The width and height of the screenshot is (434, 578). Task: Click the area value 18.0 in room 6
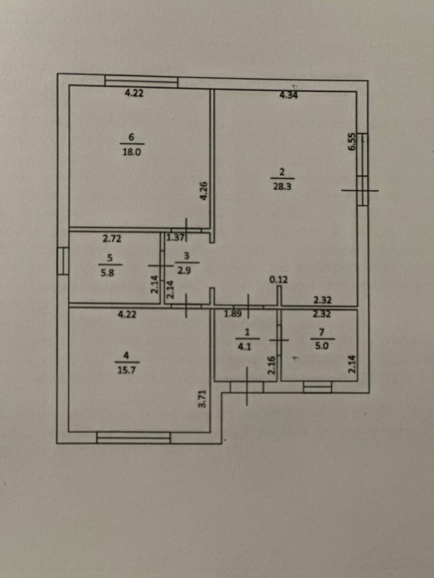point(132,152)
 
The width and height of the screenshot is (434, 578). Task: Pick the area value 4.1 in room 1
point(247,347)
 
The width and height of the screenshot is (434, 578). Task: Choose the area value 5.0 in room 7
point(322,347)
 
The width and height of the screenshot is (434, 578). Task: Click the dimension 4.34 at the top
point(289,95)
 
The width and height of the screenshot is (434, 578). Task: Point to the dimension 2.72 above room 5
point(112,238)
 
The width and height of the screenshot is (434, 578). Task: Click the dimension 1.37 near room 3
point(175,237)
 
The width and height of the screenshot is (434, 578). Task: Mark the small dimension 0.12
point(278,280)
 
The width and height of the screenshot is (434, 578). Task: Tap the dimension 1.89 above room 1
point(233,314)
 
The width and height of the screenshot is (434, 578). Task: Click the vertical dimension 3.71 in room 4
point(203,399)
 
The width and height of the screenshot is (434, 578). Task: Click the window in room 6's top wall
point(141,82)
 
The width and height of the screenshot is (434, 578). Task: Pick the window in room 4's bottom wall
point(133,438)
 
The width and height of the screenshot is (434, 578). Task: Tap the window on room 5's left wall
point(63,261)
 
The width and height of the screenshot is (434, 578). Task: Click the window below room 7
point(317,387)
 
